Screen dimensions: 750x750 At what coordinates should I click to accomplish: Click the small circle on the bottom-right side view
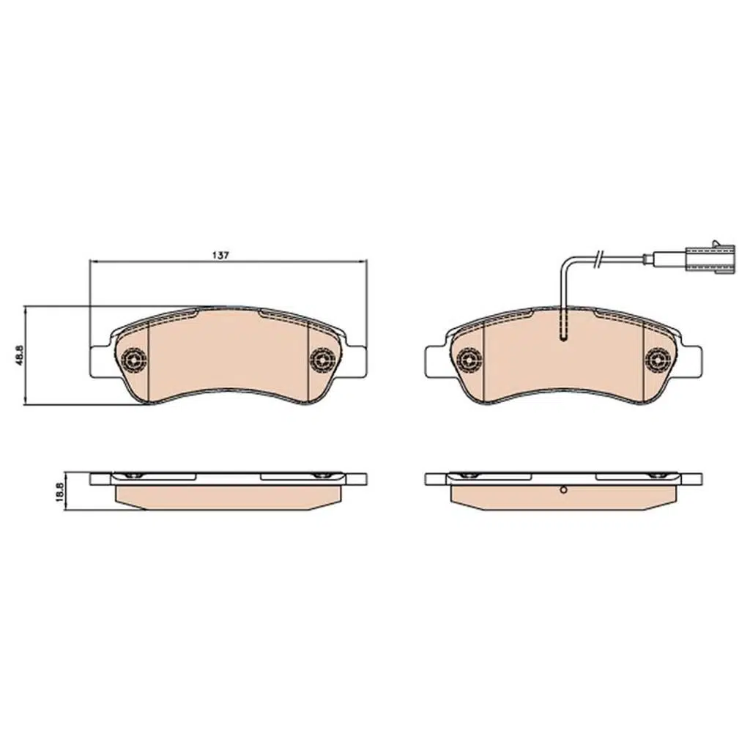[x=563, y=491]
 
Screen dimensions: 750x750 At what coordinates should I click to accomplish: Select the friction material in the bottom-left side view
[x=227, y=497]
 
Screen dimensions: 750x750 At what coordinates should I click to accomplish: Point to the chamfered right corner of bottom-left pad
[x=327, y=505]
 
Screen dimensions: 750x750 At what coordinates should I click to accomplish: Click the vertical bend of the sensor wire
[x=562, y=293]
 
